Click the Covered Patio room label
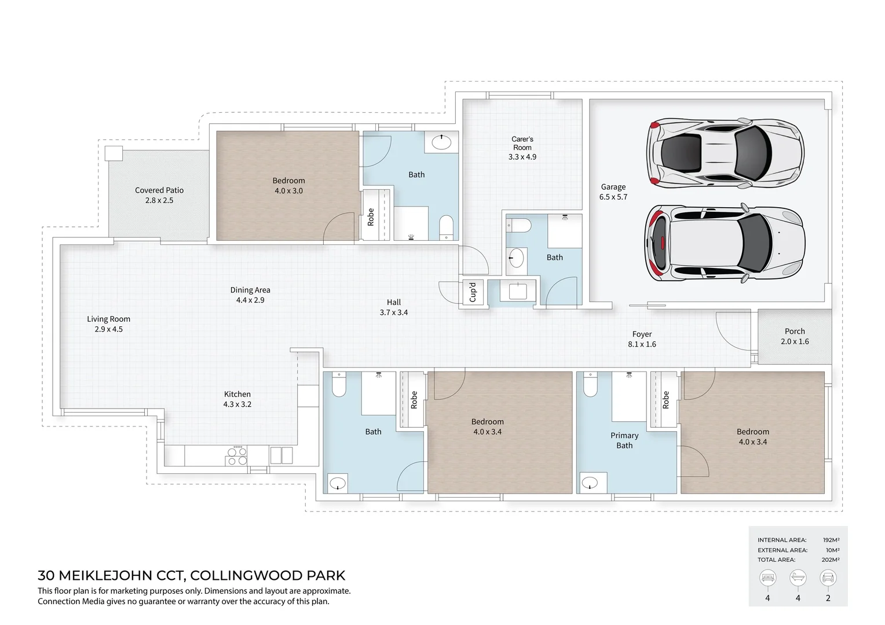159,195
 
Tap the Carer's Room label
522,148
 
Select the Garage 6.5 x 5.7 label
613,192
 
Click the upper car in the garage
725,153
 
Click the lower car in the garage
725,243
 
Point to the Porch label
795,336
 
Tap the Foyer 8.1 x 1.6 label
642,339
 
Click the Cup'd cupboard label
473,292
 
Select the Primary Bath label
624,440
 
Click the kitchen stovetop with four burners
237,456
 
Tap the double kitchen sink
281,455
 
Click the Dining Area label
250,295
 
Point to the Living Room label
109,323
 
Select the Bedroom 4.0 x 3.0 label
288,185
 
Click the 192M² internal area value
831,540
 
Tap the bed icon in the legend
767,578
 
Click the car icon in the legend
828,578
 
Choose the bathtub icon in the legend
798,578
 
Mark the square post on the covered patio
114,154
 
